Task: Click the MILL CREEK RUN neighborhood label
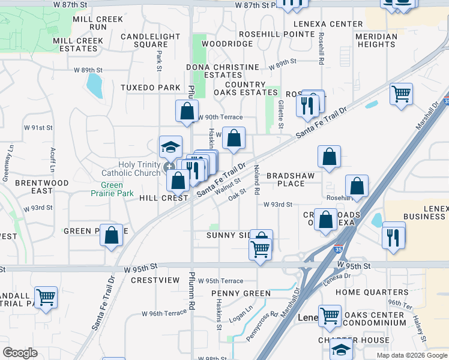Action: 98,23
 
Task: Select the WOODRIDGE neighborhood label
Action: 228,44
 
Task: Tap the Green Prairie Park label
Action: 109,189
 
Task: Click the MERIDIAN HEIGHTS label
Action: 376,40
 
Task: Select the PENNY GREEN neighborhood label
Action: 241,293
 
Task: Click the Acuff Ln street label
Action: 53,158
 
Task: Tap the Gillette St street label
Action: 281,113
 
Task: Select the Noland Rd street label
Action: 257,179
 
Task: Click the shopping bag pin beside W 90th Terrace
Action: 187,110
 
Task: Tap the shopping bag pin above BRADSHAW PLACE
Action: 329,157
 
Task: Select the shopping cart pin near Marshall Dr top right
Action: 401,94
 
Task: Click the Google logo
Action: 20,353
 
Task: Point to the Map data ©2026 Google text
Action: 412,355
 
